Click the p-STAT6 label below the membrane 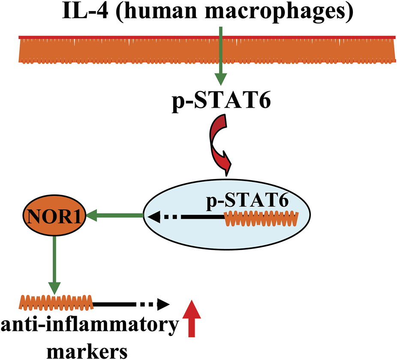point(219,103)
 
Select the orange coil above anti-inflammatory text point(56,303)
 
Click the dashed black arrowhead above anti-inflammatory point(163,305)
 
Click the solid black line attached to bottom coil point(114,304)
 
